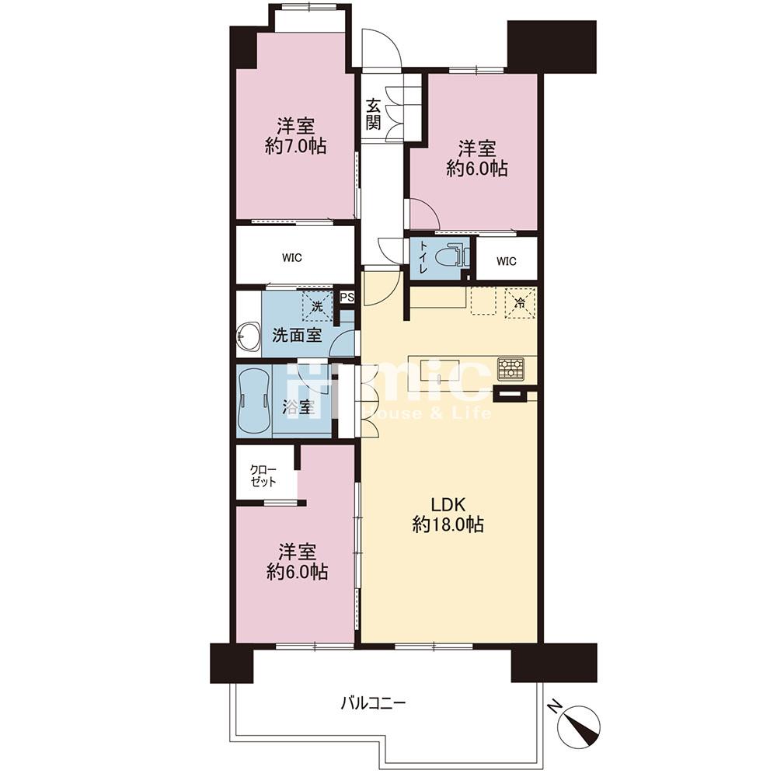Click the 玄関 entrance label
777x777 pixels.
pyautogui.click(x=373, y=114)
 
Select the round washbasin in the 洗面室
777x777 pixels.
pyautogui.click(x=249, y=337)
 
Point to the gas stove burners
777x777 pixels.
pyautogui.click(x=511, y=368)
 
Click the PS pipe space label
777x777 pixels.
pyautogui.click(x=347, y=298)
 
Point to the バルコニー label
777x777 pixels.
pyautogui.click(x=374, y=702)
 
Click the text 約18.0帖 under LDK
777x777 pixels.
pyautogui.click(x=448, y=525)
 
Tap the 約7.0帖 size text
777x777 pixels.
pyautogui.click(x=296, y=146)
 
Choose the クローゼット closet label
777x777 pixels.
pyautogui.click(x=263, y=476)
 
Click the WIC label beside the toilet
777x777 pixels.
pyautogui.click(x=507, y=260)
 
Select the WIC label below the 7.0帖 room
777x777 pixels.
pyautogui.click(x=292, y=258)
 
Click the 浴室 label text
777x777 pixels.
pyautogui.click(x=299, y=407)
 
